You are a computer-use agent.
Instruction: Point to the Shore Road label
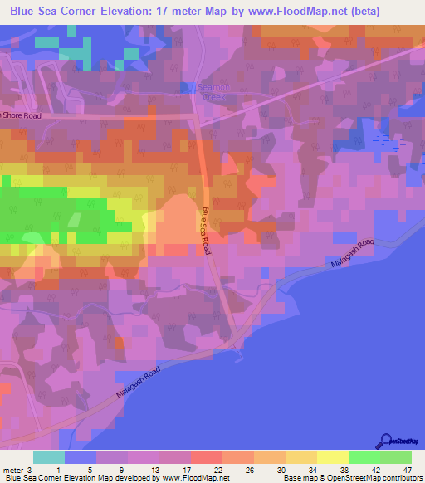point(22,116)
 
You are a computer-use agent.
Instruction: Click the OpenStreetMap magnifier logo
point(386,442)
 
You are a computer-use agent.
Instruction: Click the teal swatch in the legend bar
point(49,458)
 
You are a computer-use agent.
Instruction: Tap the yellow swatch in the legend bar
point(332,458)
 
